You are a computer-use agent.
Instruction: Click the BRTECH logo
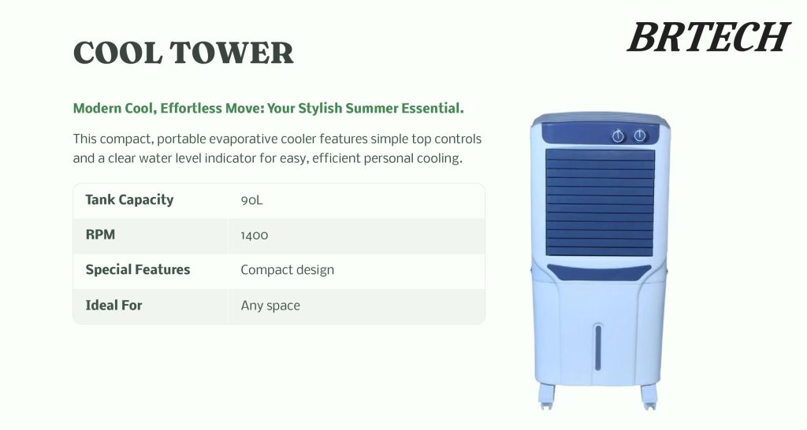708,37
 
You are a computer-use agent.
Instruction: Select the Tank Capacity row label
129,200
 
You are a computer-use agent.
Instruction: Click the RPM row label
100,235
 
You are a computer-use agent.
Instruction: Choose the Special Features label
138,269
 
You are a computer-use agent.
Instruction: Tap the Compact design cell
287,270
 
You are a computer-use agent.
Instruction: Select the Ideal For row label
113,305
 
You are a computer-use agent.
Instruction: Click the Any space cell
270,306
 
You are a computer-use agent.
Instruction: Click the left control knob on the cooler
619,136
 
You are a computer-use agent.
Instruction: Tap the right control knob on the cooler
640,135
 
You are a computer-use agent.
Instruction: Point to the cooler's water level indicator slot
598,347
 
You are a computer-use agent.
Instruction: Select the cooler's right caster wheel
649,397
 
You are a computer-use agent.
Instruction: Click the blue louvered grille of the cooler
601,202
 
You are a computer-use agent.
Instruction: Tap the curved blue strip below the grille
599,272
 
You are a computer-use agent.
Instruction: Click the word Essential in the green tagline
434,108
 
